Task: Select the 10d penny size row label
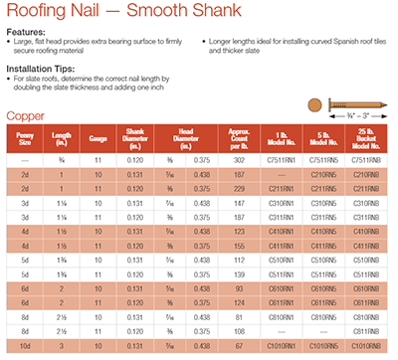coord(24,344)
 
